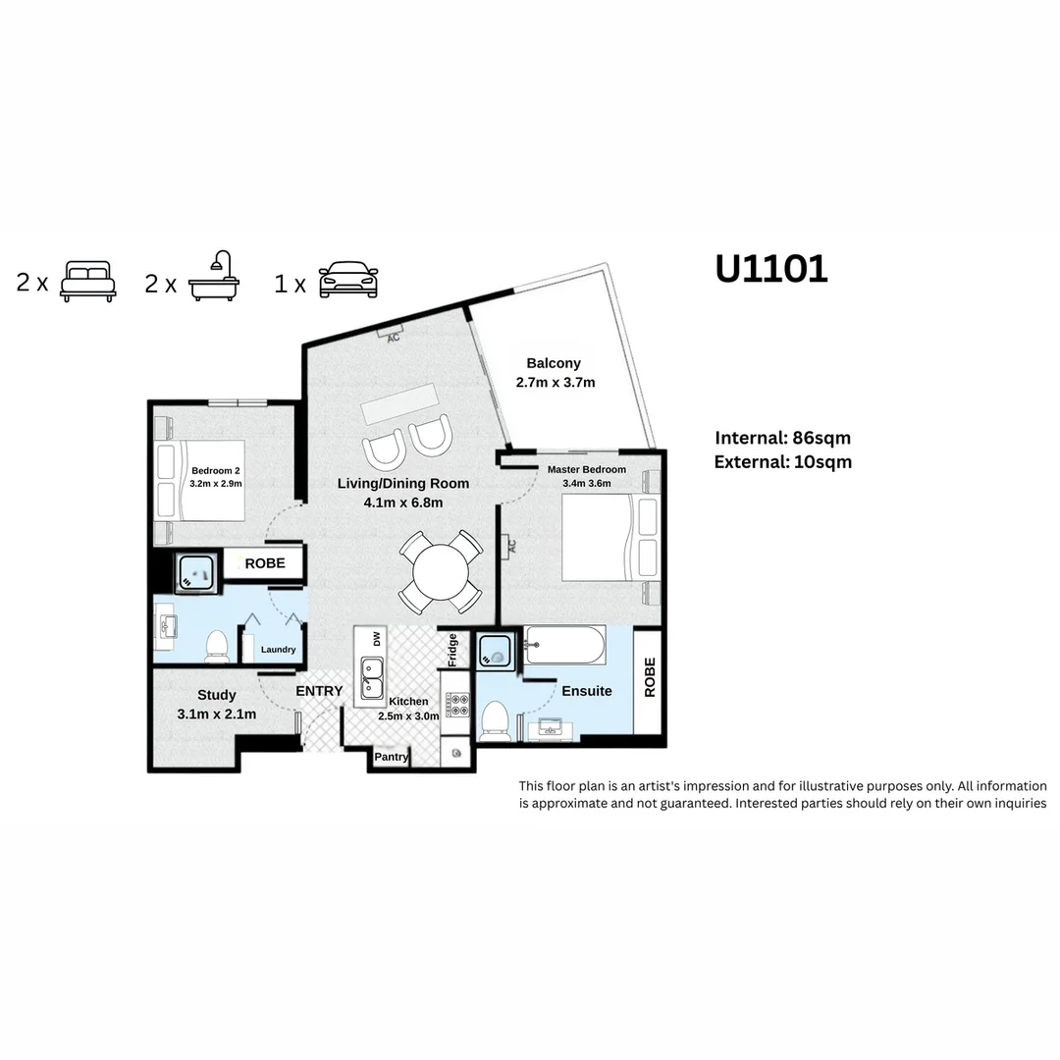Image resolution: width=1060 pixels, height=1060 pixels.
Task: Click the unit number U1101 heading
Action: [x=771, y=268]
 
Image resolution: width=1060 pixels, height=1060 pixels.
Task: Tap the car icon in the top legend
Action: [x=348, y=282]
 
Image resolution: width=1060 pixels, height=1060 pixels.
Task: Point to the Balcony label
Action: [x=554, y=363]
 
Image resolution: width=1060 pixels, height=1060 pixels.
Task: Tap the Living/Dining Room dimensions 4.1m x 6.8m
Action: [x=403, y=503]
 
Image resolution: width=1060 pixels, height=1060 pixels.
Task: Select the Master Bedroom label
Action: [x=586, y=469]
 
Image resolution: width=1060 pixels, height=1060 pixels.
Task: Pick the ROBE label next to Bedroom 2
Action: [x=265, y=563]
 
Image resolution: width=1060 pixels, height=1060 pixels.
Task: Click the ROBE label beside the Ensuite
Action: [x=649, y=677]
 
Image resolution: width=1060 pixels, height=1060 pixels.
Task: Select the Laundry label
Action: [x=278, y=650]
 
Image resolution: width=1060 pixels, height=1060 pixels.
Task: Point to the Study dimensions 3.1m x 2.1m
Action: [x=217, y=715]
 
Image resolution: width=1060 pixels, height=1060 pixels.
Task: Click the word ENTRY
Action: [x=320, y=691]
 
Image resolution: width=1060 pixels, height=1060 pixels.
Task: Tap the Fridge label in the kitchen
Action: [x=452, y=650]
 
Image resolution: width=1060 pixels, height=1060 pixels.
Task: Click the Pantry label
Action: [x=392, y=757]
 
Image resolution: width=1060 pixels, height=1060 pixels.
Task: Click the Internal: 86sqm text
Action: [x=782, y=438]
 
